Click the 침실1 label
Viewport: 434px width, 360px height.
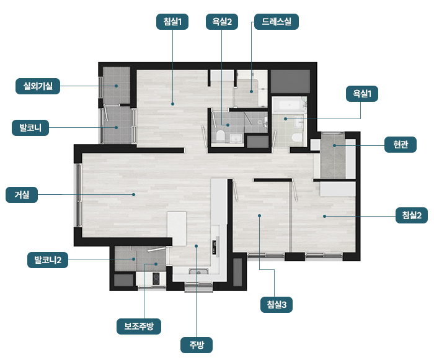pyautogui.click(x=172, y=22)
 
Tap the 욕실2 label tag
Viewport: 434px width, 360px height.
pyautogui.click(x=222, y=22)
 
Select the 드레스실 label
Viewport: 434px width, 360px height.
pyautogui.click(x=277, y=22)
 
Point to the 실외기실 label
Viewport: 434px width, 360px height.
pyautogui.click(x=38, y=86)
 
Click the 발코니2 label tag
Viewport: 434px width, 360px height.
pyautogui.click(x=48, y=260)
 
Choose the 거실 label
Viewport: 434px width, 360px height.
pyautogui.click(x=22, y=195)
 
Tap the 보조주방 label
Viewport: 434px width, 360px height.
pyautogui.click(x=139, y=326)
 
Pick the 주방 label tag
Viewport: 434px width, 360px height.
pyautogui.click(x=197, y=345)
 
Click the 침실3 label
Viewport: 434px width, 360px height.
pyautogui.click(x=277, y=305)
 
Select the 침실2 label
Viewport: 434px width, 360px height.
pyautogui.click(x=412, y=215)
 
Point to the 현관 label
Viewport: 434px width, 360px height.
pyautogui.click(x=401, y=145)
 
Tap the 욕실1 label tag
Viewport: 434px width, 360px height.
pyautogui.click(x=362, y=94)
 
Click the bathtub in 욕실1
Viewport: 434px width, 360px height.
pyautogui.click(x=290, y=106)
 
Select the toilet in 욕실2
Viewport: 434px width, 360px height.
pyautogui.click(x=220, y=135)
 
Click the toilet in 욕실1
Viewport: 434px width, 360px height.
pyautogui.click(x=297, y=137)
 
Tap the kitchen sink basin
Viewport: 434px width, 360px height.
pyautogui.click(x=198, y=271)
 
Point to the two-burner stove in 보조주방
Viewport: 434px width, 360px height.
pyautogui.click(x=156, y=279)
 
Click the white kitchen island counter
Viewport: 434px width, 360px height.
pyautogui.click(x=177, y=228)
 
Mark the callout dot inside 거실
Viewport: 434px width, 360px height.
pyautogui.click(x=134, y=194)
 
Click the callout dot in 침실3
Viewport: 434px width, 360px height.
pyautogui.click(x=259, y=215)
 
